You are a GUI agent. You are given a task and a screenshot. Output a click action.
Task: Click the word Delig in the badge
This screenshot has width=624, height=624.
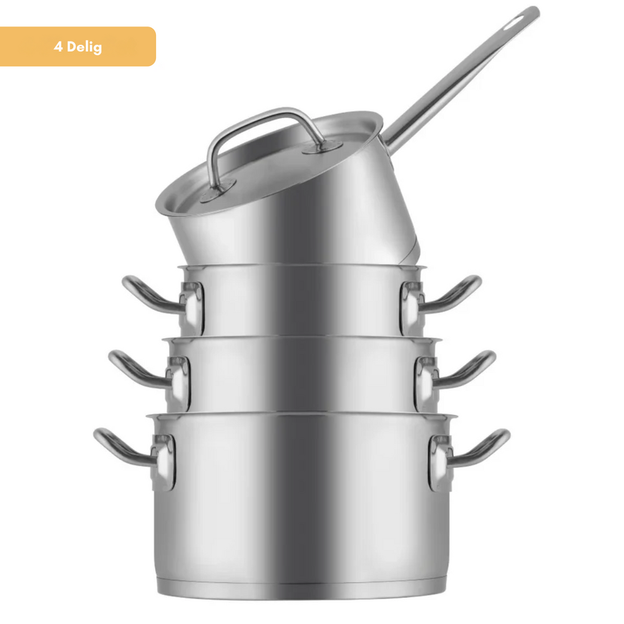tap(85, 47)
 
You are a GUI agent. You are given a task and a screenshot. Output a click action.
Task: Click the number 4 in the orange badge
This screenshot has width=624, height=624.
tap(57, 47)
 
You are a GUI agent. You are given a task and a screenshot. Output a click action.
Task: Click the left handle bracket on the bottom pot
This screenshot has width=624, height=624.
tap(164, 462)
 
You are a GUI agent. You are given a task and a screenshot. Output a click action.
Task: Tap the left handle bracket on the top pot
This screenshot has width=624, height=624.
tap(192, 306)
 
